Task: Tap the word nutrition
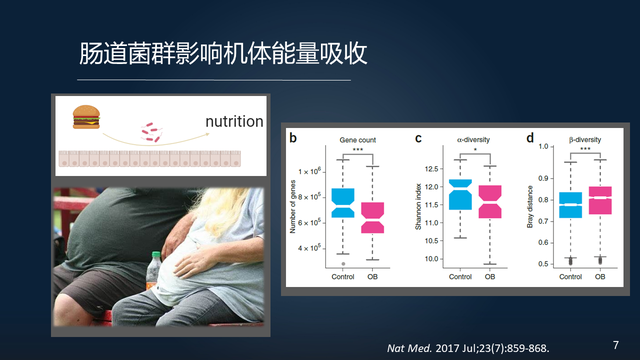[233, 122]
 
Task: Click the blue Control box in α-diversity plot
[460, 194]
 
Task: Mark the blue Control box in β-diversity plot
[570, 205]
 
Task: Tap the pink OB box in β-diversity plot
[599, 200]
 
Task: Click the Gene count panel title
[357, 138]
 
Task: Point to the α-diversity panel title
[473, 138]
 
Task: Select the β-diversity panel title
[585, 138]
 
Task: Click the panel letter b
[293, 138]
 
